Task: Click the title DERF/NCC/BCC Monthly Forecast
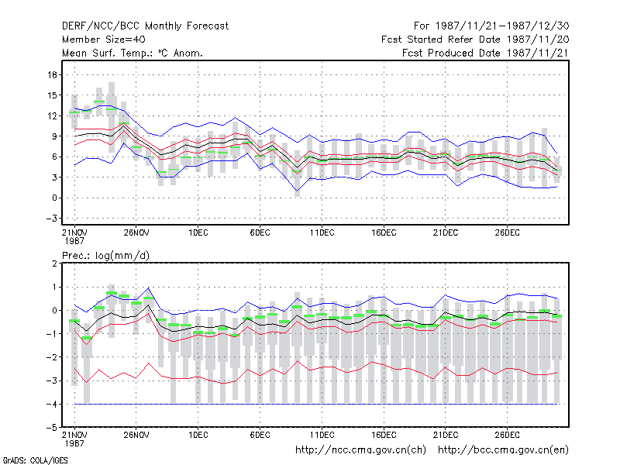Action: click(x=145, y=26)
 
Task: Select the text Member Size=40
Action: click(x=104, y=40)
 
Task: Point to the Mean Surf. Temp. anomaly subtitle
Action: click(x=133, y=53)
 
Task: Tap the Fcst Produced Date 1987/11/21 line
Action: click(x=485, y=53)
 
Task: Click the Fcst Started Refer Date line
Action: click(x=475, y=40)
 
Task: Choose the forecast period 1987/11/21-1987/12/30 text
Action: click(x=491, y=26)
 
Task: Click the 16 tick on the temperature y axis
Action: click(x=53, y=74)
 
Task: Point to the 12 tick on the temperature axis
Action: click(x=53, y=115)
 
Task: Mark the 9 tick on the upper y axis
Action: click(x=54, y=136)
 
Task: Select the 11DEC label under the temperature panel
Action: click(x=322, y=233)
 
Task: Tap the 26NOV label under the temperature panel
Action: click(x=136, y=233)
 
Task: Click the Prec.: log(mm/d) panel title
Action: click(x=105, y=256)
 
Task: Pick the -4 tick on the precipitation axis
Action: click(x=52, y=404)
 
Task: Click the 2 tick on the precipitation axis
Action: click(x=54, y=263)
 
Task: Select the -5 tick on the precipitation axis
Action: click(x=52, y=428)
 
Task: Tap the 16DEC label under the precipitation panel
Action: click(x=384, y=435)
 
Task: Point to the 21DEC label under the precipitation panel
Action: click(x=445, y=435)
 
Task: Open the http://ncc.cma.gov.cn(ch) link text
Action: click(x=360, y=450)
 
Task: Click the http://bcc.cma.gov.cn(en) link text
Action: click(x=503, y=450)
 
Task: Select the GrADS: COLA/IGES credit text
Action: click(x=35, y=460)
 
